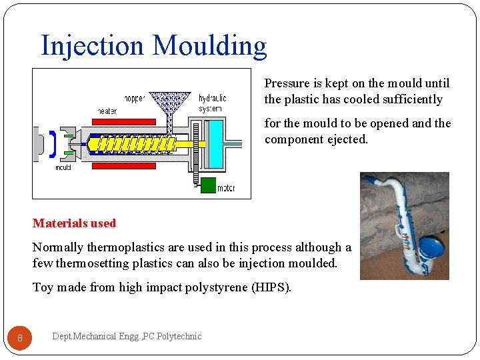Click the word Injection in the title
(92, 45)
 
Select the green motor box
(208, 185)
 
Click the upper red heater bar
(123, 122)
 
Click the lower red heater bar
(123, 166)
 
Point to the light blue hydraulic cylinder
(214, 143)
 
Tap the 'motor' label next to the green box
(226, 188)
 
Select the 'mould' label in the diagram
(63, 167)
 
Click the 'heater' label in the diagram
(107, 111)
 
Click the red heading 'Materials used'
(74, 223)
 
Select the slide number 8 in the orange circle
(20, 339)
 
